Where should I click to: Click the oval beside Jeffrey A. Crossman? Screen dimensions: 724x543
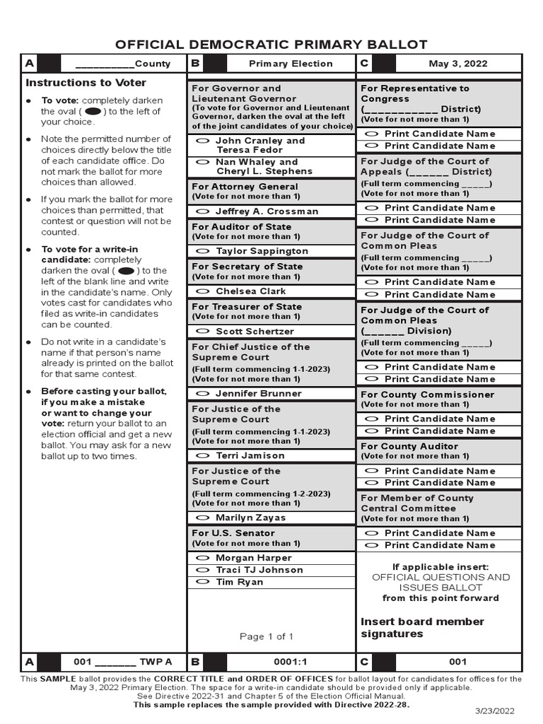(202, 211)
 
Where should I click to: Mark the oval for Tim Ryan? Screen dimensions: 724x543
(202, 582)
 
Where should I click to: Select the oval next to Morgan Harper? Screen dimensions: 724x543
(202, 558)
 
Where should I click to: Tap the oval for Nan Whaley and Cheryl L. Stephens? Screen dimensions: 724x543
(202, 162)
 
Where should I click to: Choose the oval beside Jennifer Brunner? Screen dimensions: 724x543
(202, 394)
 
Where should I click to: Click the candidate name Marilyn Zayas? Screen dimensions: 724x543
(250, 518)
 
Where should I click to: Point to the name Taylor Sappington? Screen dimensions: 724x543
(262, 251)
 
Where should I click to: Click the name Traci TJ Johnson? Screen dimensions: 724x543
(259, 570)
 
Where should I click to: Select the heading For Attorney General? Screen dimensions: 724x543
(235, 187)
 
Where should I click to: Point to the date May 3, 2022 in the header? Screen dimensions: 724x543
(457, 64)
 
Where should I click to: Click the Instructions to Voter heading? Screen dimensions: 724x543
(86, 83)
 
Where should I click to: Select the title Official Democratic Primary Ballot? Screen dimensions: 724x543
(271, 45)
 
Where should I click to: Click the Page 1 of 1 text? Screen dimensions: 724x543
(267, 636)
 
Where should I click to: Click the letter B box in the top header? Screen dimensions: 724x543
(196, 64)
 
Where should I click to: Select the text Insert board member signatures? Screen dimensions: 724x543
(422, 627)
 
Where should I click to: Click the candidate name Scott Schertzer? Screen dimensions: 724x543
(255, 331)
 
